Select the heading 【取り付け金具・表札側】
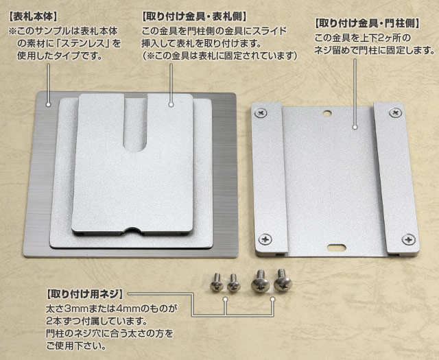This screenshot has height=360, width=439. tap(194, 14)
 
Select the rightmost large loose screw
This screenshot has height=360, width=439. tap(281, 280)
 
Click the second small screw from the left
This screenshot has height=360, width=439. tap(233, 280)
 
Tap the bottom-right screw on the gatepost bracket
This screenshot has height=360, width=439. tap(409, 239)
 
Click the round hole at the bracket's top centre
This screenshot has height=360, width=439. tap(328, 113)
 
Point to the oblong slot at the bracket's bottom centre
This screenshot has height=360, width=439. tap(335, 245)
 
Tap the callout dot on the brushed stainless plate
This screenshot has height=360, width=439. tap(49, 105)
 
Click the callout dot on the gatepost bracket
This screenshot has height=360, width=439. tap(355, 126)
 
